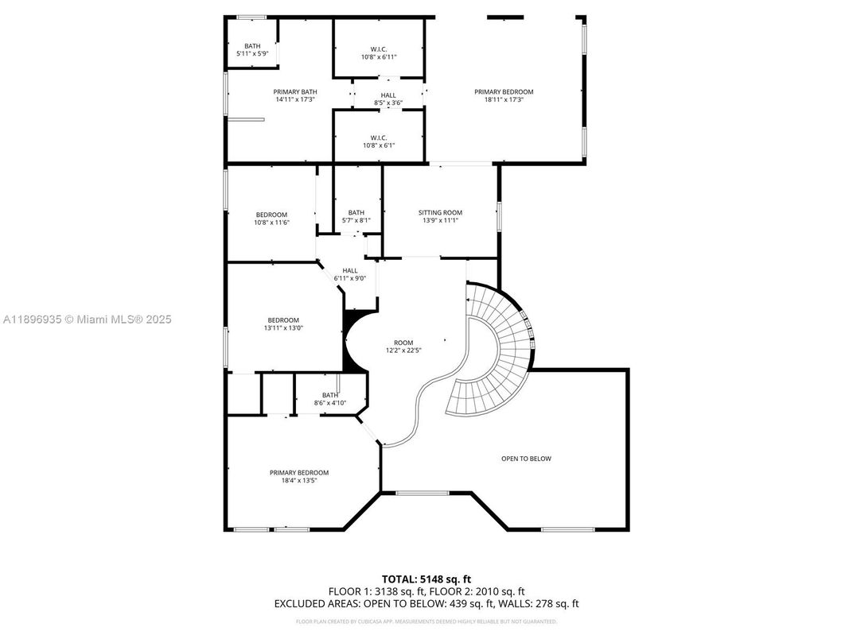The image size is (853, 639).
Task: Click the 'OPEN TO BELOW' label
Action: [526, 459]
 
